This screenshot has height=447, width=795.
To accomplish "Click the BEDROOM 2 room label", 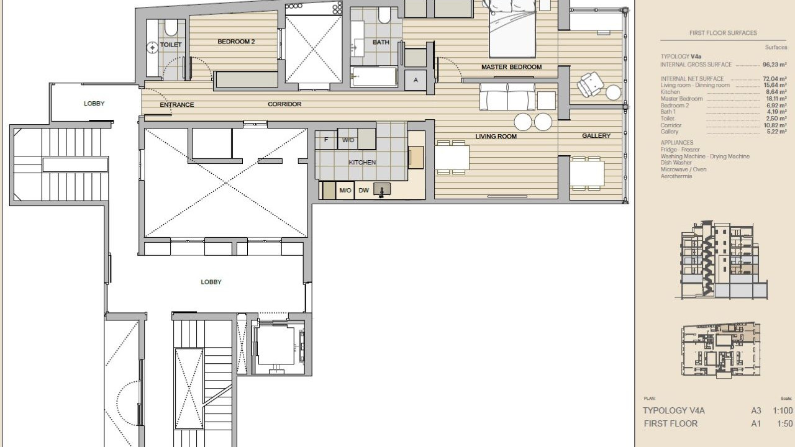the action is tap(236, 42).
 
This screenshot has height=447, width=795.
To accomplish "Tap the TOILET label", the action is tap(171, 45).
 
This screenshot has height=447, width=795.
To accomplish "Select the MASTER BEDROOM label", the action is tap(511, 66).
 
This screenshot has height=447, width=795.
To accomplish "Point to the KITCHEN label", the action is tap(362, 163).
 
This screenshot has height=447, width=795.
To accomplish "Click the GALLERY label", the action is tap(596, 135).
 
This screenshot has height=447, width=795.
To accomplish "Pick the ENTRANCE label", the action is tap(177, 105).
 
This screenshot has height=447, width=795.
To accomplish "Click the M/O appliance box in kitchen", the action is tap(345, 191).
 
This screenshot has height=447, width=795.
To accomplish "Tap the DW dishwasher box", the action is tap(364, 191).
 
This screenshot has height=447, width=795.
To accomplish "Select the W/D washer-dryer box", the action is tap(348, 140).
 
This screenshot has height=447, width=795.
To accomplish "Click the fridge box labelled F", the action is tap(326, 140).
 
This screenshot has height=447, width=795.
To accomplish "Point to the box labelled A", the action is tap(416, 80).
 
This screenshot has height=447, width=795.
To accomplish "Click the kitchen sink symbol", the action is tap(382, 190).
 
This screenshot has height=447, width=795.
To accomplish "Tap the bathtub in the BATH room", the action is tap(374, 76).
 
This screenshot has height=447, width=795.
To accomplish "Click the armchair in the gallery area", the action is tap(590, 84).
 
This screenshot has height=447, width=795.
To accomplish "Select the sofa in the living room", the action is tap(507, 96).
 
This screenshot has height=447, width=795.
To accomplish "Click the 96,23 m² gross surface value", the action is tap(775, 65).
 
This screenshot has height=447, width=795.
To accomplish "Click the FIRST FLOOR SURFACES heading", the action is tap(723, 33).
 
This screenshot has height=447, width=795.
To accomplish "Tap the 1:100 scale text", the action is tap(783, 411).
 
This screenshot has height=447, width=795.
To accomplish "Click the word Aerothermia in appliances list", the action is tap(676, 176).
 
